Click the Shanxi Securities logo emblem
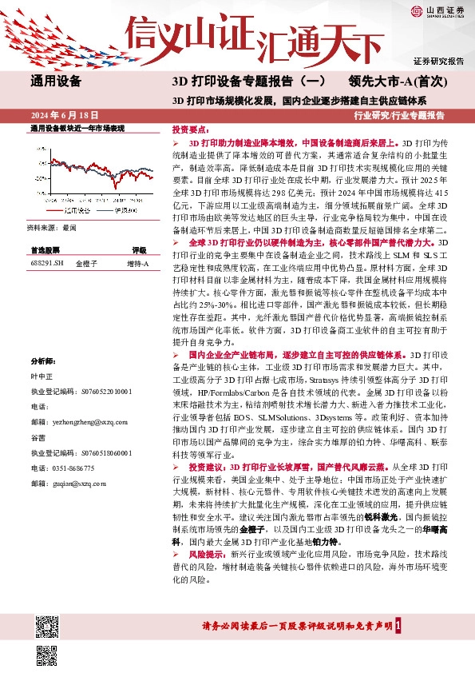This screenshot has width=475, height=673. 418,10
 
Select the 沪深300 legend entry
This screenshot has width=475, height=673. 119,210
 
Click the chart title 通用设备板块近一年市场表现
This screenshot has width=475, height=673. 77,128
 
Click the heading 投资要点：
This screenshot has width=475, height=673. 190,129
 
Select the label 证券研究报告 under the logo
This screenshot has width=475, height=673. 438,61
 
